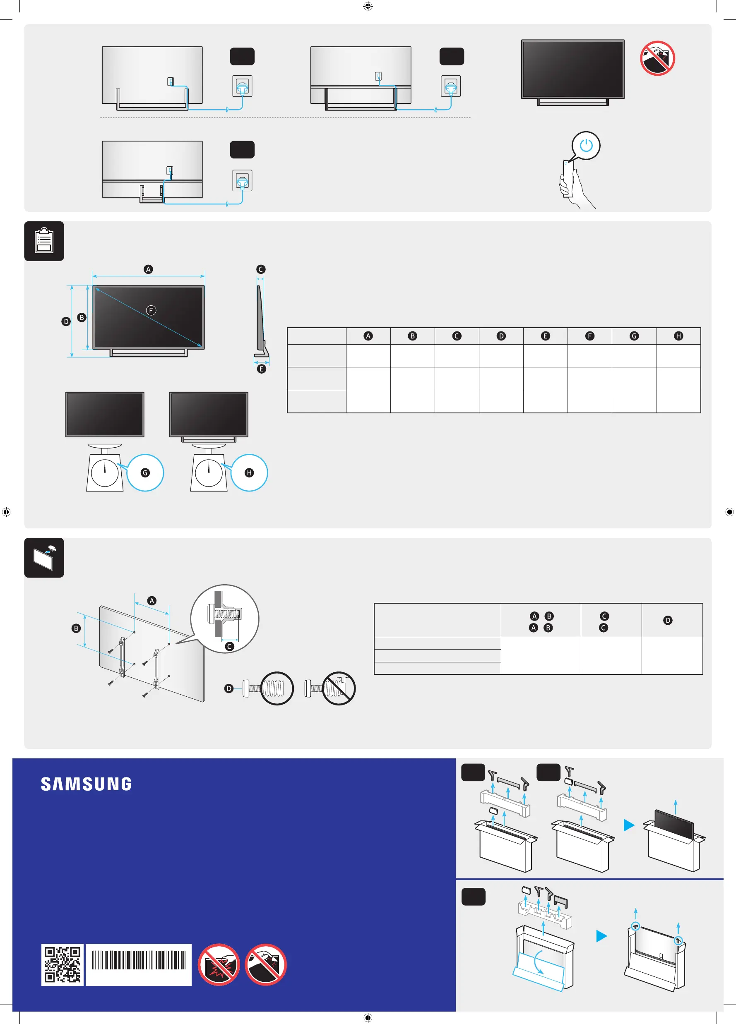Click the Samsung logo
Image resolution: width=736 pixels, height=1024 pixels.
86,784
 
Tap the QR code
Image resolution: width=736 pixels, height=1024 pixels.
63,965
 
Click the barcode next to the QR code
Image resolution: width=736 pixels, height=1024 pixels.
139,960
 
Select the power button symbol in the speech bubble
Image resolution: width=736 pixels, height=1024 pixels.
586,145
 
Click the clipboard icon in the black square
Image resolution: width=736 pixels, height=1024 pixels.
44,241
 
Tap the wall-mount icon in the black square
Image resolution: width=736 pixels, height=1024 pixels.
44,558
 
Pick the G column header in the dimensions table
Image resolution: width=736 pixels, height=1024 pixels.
634,336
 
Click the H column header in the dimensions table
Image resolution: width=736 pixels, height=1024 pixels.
678,336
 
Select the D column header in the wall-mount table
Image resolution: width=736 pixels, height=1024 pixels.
668,620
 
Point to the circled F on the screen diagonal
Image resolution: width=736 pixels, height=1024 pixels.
151,310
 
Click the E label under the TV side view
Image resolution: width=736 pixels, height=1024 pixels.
261,369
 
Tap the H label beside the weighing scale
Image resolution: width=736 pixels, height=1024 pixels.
249,473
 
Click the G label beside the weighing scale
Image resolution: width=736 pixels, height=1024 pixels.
145,473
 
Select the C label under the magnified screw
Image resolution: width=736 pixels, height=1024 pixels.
229,647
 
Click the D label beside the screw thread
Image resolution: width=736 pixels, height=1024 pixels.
229,688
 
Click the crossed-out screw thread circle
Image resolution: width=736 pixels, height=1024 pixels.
339,688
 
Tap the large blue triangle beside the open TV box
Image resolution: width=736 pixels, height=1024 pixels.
629,825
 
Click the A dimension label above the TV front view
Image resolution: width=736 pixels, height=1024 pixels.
148,269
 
